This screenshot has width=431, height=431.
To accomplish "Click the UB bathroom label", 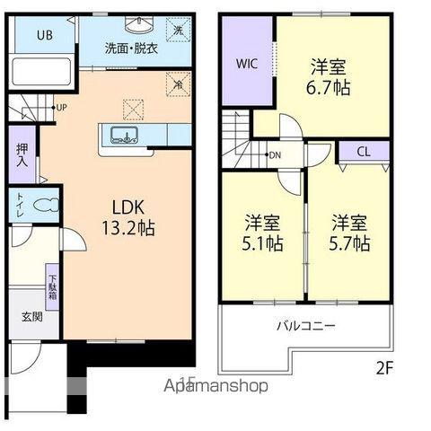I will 44,36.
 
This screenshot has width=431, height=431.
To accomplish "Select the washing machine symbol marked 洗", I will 178,31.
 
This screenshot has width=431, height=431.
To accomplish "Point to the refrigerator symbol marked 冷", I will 180,88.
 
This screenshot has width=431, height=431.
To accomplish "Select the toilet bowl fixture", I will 42,206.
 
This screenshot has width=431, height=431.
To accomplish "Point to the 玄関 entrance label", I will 30,317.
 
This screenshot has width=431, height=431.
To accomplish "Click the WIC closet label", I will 247,64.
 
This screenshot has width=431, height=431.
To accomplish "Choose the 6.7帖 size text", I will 330,88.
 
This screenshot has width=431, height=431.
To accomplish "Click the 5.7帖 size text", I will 348,243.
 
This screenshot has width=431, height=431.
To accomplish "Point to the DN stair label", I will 275,155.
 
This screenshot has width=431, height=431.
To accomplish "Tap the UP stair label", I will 61,108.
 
